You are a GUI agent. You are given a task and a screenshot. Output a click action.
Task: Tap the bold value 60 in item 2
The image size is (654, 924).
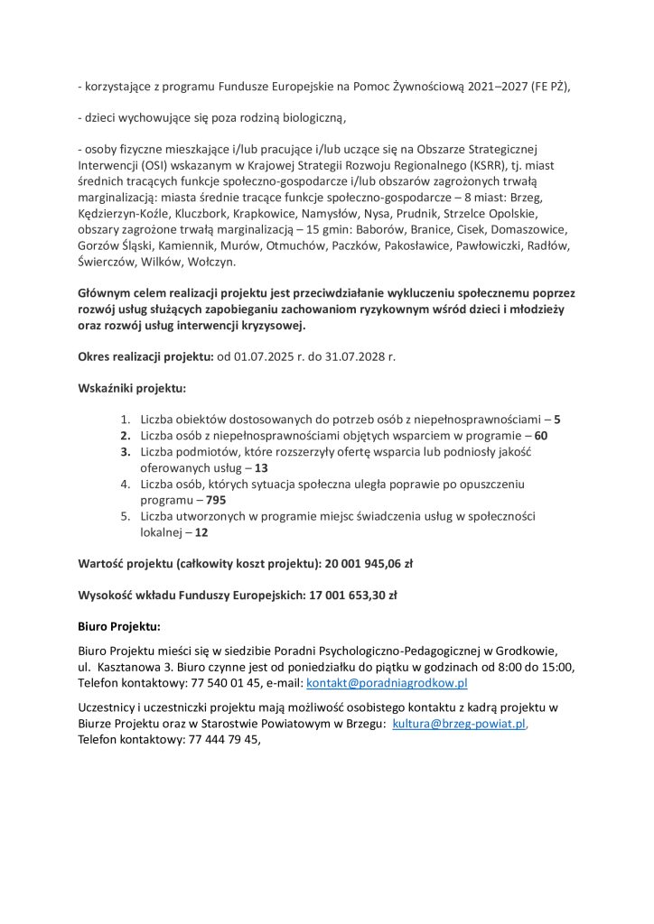(541, 436)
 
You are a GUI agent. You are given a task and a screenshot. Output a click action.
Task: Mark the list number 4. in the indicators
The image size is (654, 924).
(126, 485)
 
